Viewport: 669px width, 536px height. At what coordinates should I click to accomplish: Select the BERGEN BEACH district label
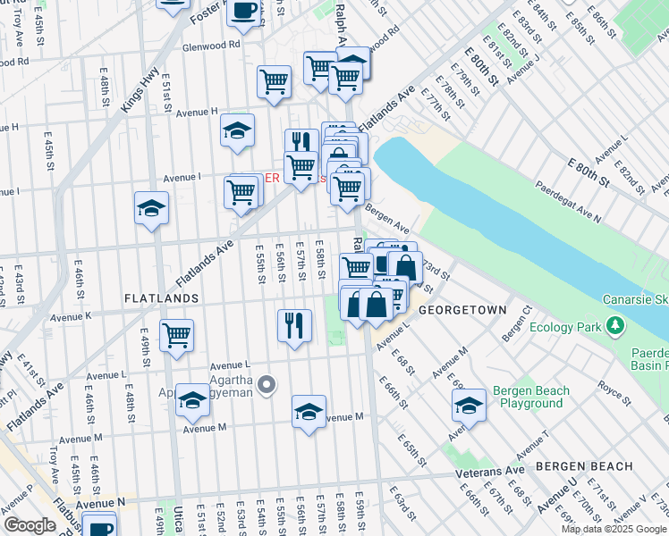[584, 466]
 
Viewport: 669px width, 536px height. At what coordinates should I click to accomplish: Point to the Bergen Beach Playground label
[531, 398]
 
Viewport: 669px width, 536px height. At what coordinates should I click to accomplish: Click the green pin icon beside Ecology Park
[615, 326]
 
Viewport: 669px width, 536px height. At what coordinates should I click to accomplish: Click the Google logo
[30, 525]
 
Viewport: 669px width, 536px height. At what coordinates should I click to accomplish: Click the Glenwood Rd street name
[211, 44]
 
